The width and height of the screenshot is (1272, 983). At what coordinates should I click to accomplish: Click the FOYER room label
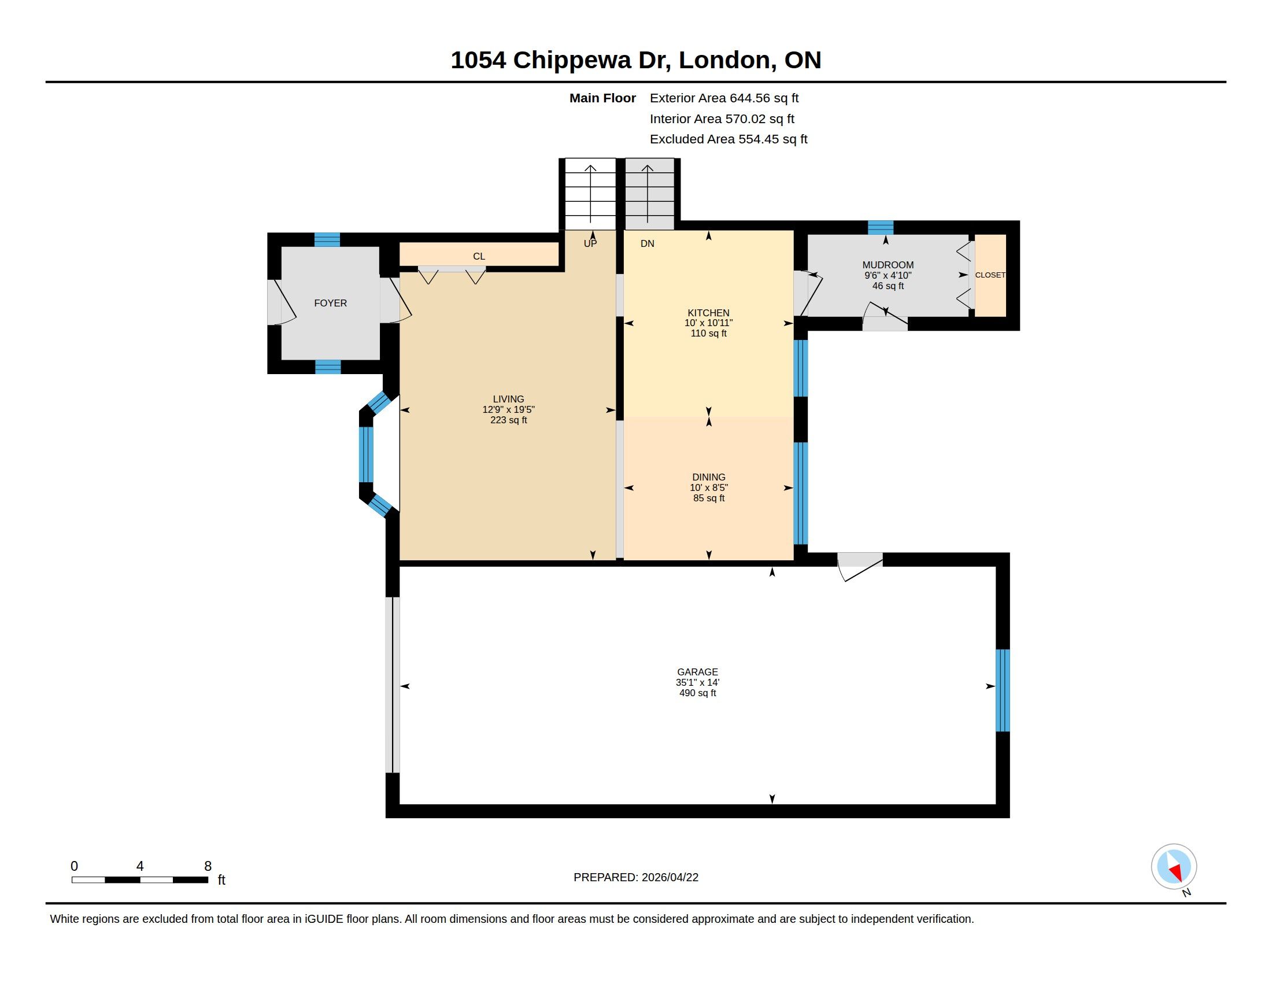coord(330,303)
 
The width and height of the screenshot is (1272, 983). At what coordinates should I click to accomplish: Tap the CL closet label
coord(479,256)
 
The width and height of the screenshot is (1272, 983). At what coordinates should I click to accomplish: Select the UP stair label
coord(590,243)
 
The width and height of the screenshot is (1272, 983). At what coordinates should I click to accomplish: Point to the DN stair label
coord(647,243)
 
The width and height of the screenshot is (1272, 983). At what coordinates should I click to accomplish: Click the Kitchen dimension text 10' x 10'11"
coord(708,323)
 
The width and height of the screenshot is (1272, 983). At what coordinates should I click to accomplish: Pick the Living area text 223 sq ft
coord(508,420)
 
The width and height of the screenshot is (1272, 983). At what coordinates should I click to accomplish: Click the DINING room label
coord(709,477)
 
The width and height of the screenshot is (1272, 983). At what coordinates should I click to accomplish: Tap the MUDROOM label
coord(888,265)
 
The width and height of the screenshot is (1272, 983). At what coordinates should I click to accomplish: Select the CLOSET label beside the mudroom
coord(990,275)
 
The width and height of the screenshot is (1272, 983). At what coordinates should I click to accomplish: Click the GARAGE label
coord(697,672)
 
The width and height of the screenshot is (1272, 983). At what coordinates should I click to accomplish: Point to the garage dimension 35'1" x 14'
coord(697,682)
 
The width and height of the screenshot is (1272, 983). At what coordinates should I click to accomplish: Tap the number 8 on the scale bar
coord(208,866)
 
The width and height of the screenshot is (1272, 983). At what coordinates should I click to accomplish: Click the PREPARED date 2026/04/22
coord(670,877)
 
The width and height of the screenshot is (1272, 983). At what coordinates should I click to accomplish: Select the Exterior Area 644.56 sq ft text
coord(724,98)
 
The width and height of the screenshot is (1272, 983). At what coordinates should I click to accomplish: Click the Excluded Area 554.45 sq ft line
coord(729,139)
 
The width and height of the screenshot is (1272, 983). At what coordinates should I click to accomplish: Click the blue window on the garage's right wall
coord(1003,690)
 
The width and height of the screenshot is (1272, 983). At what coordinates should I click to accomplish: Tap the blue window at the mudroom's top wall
coord(881,228)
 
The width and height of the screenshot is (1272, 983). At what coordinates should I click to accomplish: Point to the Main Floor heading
coord(602,98)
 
